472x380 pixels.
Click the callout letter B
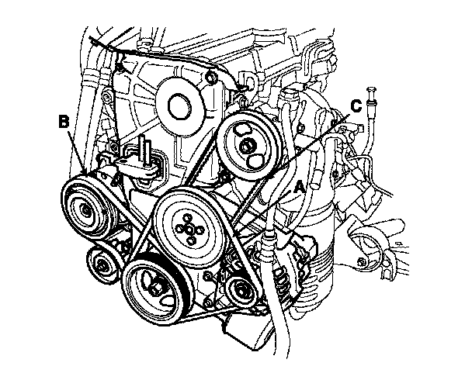pos(64,121)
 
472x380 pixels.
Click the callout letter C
pos(356,105)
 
